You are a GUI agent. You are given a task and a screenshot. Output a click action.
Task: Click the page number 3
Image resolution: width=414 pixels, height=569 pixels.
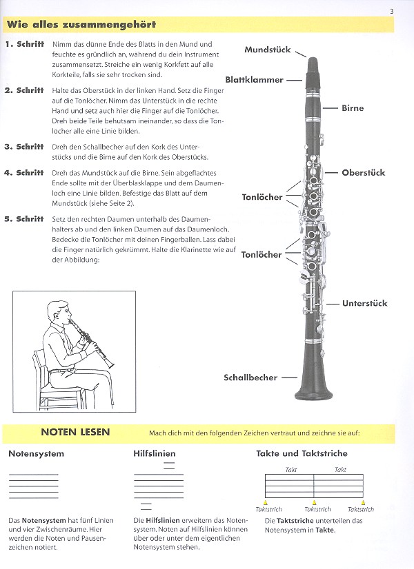point(391,10)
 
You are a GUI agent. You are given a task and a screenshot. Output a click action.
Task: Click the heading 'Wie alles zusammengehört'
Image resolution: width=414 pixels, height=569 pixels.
point(81,25)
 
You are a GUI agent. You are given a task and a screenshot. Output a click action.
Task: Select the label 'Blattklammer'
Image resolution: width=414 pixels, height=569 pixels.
point(254,79)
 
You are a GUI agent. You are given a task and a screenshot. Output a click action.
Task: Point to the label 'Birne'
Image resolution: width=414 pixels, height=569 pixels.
point(353,108)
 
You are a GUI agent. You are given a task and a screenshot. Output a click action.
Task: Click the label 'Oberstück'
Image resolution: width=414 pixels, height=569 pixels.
point(363,172)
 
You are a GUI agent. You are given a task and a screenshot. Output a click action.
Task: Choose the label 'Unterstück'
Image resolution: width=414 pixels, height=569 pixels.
point(365,303)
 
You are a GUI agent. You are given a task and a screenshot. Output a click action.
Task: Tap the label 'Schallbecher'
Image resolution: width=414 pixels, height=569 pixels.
point(250,377)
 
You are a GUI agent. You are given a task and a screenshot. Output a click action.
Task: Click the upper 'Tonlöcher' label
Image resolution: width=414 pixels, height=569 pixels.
point(262,197)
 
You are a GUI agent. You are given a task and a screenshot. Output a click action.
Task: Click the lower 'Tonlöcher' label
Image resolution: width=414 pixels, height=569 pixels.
point(262,254)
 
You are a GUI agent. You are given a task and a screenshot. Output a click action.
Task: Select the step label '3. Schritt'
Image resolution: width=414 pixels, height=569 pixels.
point(24,147)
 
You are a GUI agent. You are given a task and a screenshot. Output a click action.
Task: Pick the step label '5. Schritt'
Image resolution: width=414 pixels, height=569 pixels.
point(24,219)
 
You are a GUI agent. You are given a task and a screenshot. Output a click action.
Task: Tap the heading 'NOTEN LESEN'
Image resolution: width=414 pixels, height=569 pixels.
point(75,433)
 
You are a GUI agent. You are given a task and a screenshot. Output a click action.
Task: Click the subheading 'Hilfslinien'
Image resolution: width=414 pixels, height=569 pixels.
point(155,453)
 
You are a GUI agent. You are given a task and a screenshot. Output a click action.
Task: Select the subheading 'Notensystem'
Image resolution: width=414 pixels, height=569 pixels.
point(37,453)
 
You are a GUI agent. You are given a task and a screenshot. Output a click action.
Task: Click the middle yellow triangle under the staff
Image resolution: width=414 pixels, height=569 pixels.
point(315,502)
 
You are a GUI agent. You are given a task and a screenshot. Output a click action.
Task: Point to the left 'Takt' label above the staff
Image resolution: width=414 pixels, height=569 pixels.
point(290,469)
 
